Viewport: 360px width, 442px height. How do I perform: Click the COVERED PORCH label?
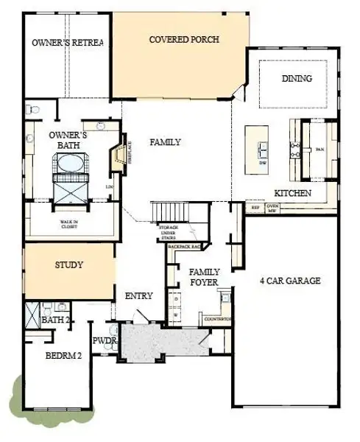[x=183, y=40]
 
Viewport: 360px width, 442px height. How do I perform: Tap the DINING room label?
[x=297, y=79]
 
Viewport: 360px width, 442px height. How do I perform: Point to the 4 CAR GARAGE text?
[x=290, y=281]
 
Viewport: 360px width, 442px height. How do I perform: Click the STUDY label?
[x=69, y=265]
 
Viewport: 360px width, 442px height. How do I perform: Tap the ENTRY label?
[x=139, y=296]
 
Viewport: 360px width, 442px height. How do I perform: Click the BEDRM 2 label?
[x=63, y=354]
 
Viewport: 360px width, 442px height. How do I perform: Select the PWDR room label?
[x=104, y=342]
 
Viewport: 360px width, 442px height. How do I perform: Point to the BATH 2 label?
[x=55, y=321]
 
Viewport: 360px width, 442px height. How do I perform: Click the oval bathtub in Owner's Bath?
[x=68, y=164]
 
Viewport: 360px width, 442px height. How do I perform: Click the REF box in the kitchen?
[x=255, y=208]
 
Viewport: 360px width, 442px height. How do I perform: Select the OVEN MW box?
[x=272, y=208]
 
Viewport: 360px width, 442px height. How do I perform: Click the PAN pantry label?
[x=319, y=150]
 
